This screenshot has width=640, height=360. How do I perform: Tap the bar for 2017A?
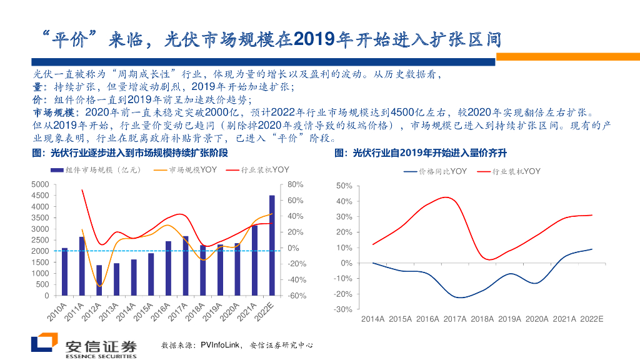click(x=186, y=266)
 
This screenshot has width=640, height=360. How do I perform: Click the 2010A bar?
click(x=64, y=271)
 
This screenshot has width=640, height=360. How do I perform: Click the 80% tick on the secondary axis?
click(x=296, y=184)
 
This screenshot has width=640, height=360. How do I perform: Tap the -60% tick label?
click(x=297, y=296)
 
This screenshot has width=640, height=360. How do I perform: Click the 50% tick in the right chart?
click(x=344, y=186)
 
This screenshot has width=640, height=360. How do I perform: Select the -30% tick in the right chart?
click(x=343, y=309)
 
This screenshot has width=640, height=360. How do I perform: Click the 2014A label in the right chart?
click(x=373, y=319)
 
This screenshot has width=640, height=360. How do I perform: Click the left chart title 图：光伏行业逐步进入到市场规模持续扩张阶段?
click(x=129, y=152)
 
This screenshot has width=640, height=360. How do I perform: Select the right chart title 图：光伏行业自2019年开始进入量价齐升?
click(x=421, y=152)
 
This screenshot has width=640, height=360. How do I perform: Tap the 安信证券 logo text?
click(x=101, y=346)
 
